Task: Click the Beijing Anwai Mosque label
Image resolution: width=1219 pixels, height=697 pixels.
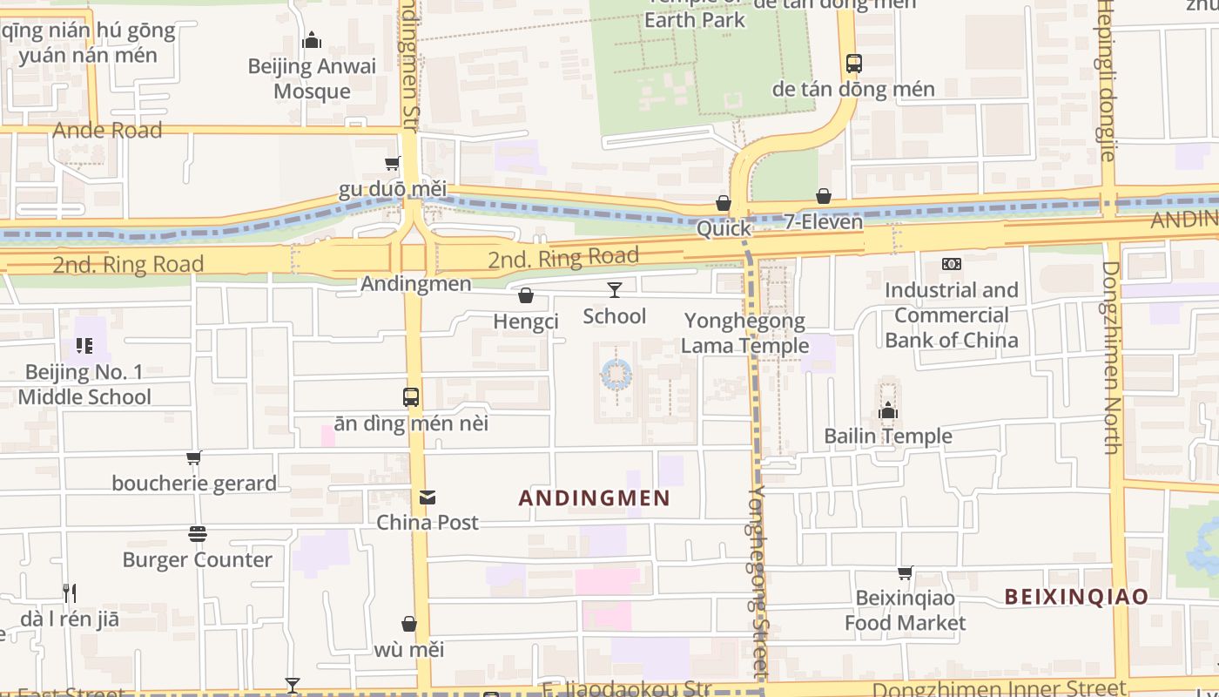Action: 312,78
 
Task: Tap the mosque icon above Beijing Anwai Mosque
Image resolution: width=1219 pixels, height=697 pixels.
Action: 312,40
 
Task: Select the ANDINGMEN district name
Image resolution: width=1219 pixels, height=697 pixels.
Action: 594,498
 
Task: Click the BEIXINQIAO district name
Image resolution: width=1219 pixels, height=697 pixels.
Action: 1076,597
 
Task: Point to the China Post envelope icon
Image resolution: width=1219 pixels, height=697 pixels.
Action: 427,497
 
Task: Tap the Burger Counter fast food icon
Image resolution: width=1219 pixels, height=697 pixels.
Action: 198,534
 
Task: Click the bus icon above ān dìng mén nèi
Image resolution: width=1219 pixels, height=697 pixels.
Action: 411,397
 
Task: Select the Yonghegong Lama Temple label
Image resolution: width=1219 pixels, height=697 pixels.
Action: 744,333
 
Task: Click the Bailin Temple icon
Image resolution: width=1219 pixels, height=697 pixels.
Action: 888,410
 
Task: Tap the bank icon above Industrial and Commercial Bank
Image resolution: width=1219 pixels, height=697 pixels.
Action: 952,263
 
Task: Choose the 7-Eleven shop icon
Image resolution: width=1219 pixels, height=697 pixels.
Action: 824,197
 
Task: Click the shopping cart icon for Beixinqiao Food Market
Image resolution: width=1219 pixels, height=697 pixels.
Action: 906,572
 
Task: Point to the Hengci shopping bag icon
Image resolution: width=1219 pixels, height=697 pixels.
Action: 526,296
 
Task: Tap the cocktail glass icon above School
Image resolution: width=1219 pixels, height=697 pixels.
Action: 615,290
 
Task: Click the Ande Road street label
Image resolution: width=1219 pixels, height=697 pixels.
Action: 107,131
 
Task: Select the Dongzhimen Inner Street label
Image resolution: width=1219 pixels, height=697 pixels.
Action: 1034,688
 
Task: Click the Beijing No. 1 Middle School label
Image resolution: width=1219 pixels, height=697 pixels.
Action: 84,384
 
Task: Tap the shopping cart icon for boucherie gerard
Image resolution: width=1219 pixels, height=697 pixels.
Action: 194,457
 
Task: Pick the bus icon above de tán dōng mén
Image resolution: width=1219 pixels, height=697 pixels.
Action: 853,64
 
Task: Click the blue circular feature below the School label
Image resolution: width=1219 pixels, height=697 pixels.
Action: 616,376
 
